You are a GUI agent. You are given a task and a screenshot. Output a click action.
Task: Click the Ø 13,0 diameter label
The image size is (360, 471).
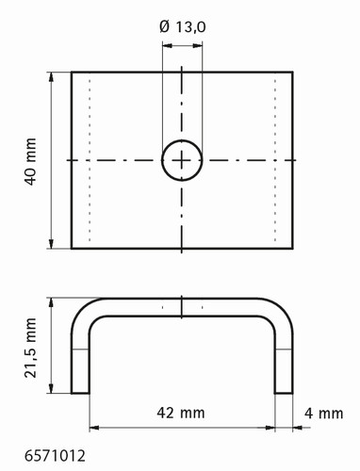[x=183, y=26]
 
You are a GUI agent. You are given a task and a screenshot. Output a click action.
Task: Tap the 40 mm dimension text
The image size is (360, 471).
[x=30, y=161]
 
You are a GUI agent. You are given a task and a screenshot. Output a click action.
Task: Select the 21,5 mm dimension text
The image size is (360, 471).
[x=31, y=348]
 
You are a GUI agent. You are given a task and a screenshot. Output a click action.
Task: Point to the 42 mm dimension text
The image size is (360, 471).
[x=181, y=413]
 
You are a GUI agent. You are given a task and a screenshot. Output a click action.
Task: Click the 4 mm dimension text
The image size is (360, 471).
[x=323, y=414]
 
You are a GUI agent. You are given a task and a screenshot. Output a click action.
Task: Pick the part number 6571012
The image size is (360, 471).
[x=55, y=456]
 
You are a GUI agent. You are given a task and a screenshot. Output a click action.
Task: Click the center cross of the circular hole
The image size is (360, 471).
[x=182, y=160]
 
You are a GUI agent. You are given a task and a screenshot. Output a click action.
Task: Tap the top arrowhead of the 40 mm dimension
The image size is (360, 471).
[x=51, y=76]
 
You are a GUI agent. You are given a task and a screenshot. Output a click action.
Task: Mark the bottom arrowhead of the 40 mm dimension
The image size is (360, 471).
[x=51, y=244]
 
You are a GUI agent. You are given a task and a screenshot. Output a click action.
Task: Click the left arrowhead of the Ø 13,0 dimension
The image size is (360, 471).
[x=167, y=46]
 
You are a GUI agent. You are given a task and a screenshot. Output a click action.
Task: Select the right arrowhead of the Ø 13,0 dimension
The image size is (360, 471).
[x=198, y=46]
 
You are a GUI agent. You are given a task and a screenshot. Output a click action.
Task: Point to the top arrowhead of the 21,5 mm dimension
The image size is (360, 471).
[x=51, y=302]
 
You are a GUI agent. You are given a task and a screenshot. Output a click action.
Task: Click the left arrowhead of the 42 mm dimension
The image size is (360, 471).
[x=94, y=428]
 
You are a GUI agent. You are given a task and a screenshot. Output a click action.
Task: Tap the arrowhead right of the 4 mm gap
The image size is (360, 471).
[x=298, y=428]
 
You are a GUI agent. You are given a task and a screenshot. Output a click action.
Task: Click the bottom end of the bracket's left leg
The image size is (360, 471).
[x=80, y=393]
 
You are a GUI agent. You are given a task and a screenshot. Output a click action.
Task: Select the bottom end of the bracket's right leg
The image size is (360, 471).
[x=284, y=393]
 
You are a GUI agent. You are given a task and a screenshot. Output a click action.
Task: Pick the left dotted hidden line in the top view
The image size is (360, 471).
[x=90, y=160]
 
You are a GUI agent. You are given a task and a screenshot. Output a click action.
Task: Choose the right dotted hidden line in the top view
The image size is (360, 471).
[x=275, y=160]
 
